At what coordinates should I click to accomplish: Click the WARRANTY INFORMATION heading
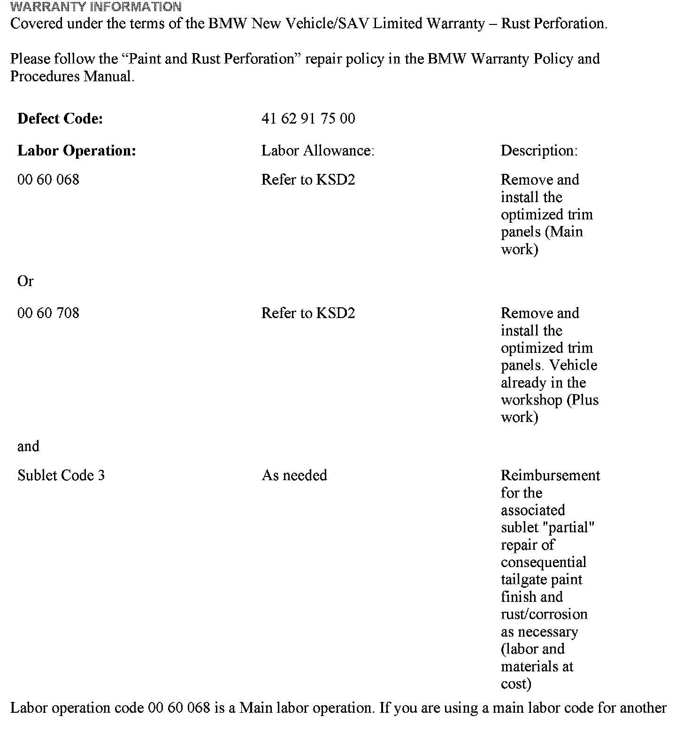(x=96, y=7)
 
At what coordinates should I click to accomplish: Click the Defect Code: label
(x=60, y=118)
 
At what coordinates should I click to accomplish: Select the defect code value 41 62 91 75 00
(x=308, y=118)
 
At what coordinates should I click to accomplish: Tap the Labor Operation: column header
(x=77, y=151)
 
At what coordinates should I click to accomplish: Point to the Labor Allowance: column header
(x=318, y=151)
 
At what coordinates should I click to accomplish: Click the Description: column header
(x=539, y=151)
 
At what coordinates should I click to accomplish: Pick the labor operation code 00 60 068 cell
(x=48, y=179)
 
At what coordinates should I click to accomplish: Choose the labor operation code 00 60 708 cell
(x=48, y=313)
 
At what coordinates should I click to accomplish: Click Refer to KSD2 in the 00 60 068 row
(x=308, y=179)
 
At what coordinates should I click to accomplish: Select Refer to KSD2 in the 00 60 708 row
(x=308, y=313)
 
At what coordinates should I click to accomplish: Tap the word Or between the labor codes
(x=25, y=281)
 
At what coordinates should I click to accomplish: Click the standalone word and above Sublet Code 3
(x=28, y=446)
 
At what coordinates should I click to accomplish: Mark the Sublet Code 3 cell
(x=61, y=475)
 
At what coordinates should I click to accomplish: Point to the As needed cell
(x=294, y=475)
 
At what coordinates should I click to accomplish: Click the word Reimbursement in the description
(x=550, y=475)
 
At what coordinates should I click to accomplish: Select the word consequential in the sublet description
(x=544, y=562)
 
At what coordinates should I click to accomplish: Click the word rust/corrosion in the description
(x=544, y=615)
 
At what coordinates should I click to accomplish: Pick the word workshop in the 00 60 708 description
(x=532, y=400)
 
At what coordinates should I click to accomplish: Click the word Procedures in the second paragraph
(x=45, y=77)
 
